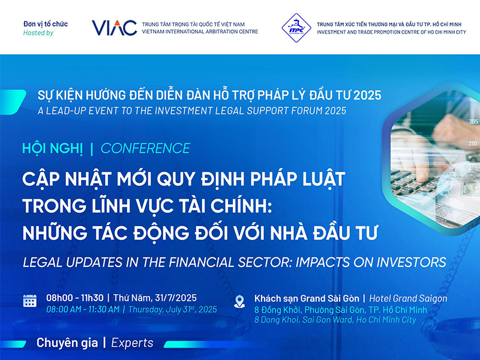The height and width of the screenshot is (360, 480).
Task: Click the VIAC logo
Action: click(x=114, y=28)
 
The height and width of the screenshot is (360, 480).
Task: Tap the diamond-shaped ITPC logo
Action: click(x=296, y=28)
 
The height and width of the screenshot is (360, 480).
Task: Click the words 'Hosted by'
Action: click(x=38, y=33)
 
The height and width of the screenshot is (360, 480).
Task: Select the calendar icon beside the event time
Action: click(x=29, y=301)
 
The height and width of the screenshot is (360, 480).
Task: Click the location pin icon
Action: click(x=239, y=302)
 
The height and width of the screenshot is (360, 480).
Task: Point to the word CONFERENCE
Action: click(x=145, y=148)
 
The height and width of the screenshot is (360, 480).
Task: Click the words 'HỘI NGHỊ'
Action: click(x=53, y=149)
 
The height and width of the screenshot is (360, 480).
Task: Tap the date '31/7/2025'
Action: click(x=176, y=298)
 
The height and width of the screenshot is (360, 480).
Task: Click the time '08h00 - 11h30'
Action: click(x=74, y=298)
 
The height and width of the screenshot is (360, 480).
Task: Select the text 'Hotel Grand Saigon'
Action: click(x=408, y=298)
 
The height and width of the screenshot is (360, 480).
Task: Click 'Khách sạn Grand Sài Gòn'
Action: click(x=307, y=298)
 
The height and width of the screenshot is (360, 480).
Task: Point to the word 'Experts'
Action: click(x=132, y=343)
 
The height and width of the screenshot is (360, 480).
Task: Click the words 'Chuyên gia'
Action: click(x=67, y=343)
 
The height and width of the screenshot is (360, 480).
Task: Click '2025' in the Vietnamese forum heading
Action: click(x=367, y=95)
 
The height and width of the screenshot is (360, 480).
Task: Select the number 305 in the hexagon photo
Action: click(x=473, y=122)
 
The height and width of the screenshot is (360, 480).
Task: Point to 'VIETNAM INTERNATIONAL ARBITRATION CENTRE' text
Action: click(x=200, y=32)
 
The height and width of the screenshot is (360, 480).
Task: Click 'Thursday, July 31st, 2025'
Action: click(x=173, y=310)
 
